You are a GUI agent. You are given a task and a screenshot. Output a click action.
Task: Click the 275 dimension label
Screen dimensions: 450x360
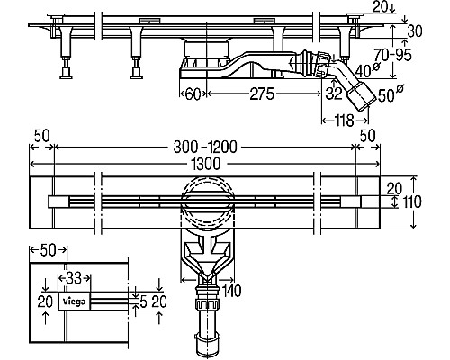[x=262, y=94]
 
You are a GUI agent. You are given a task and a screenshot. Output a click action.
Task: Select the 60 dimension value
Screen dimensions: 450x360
[x=193, y=94]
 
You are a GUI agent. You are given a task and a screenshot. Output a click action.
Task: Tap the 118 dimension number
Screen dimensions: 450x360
[x=345, y=121]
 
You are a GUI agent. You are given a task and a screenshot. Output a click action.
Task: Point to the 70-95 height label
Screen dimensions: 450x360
[x=392, y=55]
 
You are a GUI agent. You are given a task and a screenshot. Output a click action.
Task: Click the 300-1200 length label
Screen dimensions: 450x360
[x=205, y=148]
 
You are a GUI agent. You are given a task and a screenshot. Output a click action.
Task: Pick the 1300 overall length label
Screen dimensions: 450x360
[x=205, y=164]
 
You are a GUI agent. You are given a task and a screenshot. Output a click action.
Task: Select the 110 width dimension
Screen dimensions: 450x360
[x=411, y=202]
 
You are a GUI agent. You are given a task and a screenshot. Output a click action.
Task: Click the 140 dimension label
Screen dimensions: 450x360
[x=231, y=291]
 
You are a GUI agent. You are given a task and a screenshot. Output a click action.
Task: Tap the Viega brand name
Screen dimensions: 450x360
[x=74, y=301]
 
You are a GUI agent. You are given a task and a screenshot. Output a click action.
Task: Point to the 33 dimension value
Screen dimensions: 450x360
[x=74, y=278]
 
